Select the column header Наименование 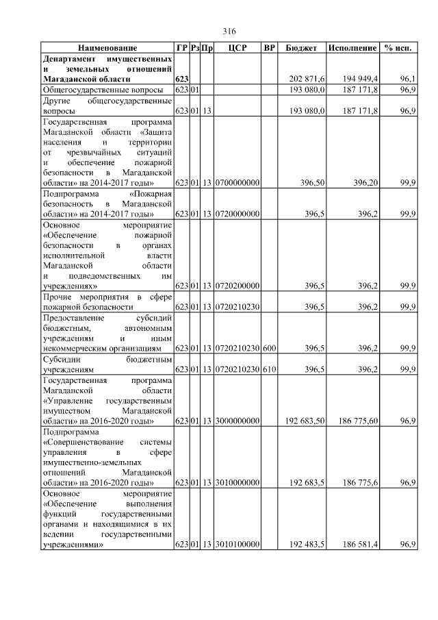(x=107, y=49)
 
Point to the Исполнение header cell (x=352, y=49)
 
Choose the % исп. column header (x=398, y=49)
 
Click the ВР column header (x=269, y=49)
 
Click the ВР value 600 (x=269, y=349)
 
